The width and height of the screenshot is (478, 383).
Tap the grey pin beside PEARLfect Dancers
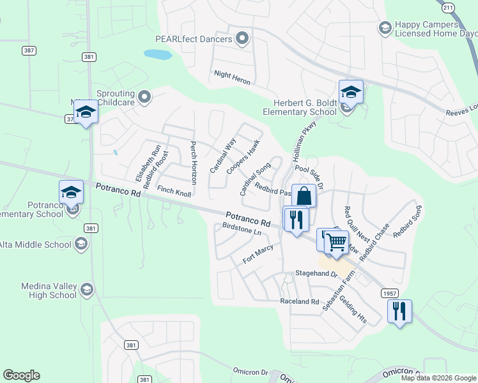(x=242, y=40)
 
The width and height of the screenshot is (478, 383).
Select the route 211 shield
(x=449, y=7)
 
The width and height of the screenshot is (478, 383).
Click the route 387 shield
(x=27, y=50)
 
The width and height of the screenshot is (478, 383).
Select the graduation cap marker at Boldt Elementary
(x=351, y=92)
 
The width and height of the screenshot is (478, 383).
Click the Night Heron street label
(x=232, y=79)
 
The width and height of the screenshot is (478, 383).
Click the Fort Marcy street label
(x=258, y=253)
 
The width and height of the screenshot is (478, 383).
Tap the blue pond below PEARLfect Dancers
(x=158, y=54)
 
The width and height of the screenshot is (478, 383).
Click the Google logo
(x=21, y=375)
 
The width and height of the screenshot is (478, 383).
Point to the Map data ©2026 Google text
(x=438, y=378)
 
